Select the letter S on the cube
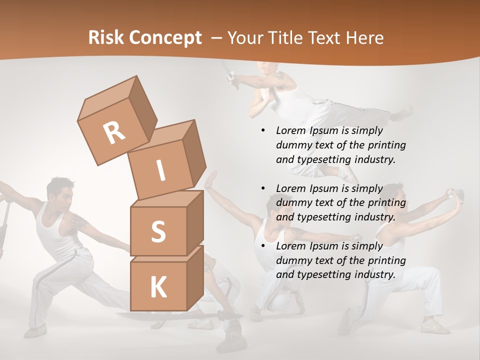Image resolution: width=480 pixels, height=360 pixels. [158, 232]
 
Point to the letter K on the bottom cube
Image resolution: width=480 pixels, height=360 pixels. [158, 287]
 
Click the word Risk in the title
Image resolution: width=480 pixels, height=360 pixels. [106, 38]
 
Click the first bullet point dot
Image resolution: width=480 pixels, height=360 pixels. [263, 131]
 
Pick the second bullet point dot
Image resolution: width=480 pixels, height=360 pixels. [263, 188]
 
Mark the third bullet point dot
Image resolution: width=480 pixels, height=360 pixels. [263, 246]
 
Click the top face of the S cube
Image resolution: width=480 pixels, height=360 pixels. [167, 199]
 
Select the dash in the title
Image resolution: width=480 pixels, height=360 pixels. [217, 38]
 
